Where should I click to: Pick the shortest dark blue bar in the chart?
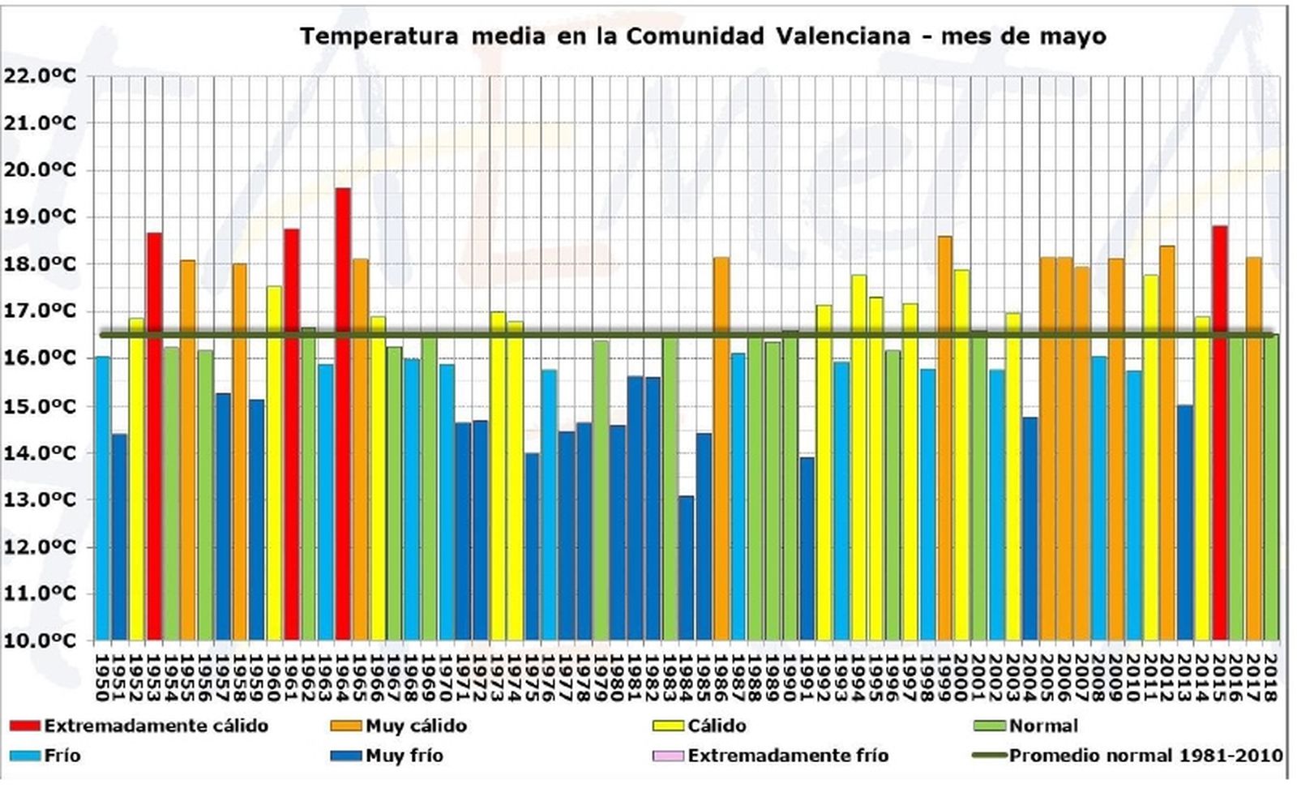click(686, 568)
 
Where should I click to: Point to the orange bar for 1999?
click(944, 438)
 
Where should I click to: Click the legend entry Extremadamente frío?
click(787, 756)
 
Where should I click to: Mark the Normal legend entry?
click(1042, 726)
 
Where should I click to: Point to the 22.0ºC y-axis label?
click(40, 76)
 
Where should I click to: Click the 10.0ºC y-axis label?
click(40, 641)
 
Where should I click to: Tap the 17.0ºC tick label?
click(40, 311)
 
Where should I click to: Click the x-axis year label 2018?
click(1270, 678)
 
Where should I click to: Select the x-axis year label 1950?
click(102, 678)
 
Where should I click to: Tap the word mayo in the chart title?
click(1073, 37)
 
